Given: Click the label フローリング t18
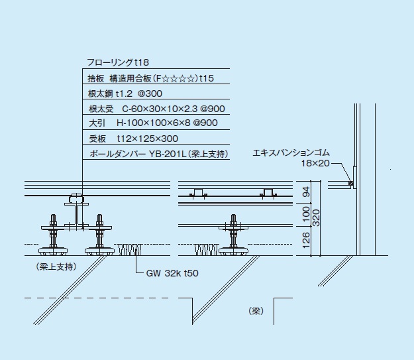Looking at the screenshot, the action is [x=118, y=62].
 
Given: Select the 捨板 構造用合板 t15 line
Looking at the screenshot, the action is [x=150, y=78].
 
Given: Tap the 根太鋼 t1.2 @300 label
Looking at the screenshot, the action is [x=125, y=93].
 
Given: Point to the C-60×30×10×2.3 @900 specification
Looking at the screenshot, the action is [x=174, y=109].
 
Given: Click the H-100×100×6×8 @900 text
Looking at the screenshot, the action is [x=167, y=123].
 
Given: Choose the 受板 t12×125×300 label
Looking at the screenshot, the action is [x=133, y=139].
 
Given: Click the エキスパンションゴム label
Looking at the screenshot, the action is [x=291, y=152].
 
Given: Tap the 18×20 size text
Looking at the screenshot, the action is [x=315, y=163].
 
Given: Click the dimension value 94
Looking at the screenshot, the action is [x=306, y=192].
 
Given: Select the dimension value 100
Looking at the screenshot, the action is [x=306, y=214].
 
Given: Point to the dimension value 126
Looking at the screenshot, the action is [x=306, y=241].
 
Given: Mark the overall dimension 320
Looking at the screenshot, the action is [x=316, y=218].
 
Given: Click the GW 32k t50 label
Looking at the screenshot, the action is [x=172, y=273].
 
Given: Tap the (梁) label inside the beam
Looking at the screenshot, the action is [x=256, y=311].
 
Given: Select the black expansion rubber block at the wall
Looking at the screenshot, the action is [x=350, y=182].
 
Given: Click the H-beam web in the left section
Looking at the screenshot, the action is [x=77, y=215].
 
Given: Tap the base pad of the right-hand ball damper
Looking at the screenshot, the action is [x=233, y=251].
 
